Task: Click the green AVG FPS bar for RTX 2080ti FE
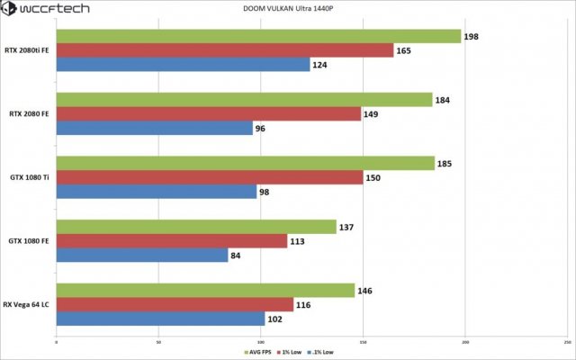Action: pos(256,36)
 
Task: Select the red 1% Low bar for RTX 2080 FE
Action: pos(207,114)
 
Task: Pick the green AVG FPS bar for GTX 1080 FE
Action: pos(195,226)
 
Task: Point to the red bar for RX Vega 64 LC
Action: pos(175,304)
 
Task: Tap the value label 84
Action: pos(237,256)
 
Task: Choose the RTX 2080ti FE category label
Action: pos(26,50)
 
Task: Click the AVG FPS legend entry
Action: pos(257,352)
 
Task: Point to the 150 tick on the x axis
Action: pos(364,342)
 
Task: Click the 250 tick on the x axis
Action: pos(567,342)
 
